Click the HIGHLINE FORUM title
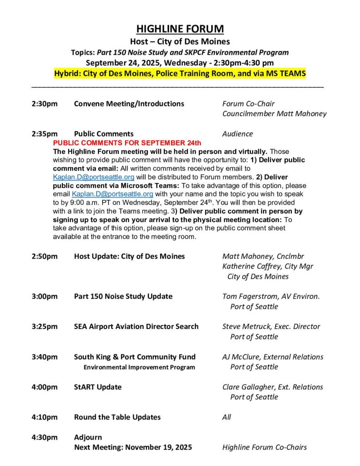point(180,29)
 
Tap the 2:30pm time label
point(45,104)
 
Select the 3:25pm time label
point(45,326)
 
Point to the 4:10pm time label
point(45,417)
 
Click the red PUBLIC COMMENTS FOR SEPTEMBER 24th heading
point(124,143)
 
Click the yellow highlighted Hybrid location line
point(180,73)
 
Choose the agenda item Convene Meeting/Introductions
point(129,104)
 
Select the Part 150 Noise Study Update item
point(123,296)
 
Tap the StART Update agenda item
point(97,387)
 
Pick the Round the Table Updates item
point(117,417)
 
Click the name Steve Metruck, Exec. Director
point(271,326)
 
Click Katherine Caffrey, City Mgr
point(268,266)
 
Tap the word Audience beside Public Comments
point(237,134)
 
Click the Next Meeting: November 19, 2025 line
point(133,447)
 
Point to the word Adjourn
point(88,437)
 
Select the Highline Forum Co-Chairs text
point(264,447)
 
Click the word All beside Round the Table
point(227,417)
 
